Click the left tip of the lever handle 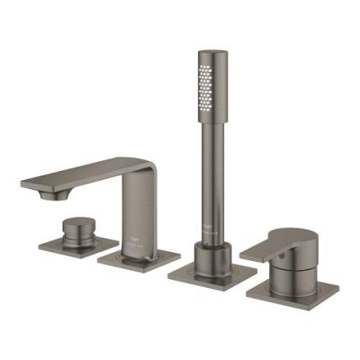coord(247,254)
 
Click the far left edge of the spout coord(23,184)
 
